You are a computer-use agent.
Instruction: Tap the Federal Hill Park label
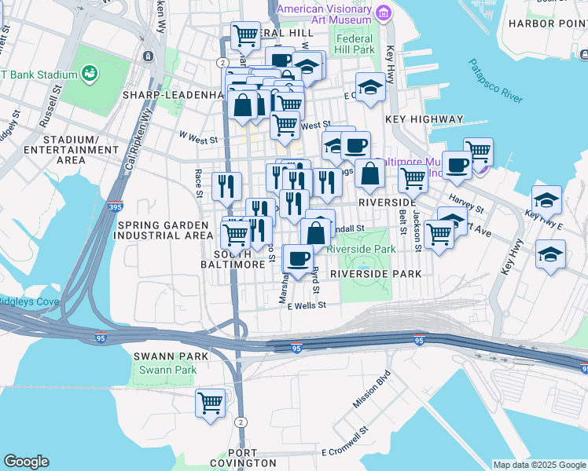coord(355,43)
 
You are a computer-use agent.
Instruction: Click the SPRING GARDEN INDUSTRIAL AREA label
coord(164,230)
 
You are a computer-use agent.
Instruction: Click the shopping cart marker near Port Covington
coord(210,403)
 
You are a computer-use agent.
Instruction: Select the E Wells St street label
coord(307,306)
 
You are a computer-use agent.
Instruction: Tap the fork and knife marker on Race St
coord(226,185)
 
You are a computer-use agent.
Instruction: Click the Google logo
coord(26,462)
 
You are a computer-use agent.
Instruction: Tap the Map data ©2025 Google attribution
coord(538,465)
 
